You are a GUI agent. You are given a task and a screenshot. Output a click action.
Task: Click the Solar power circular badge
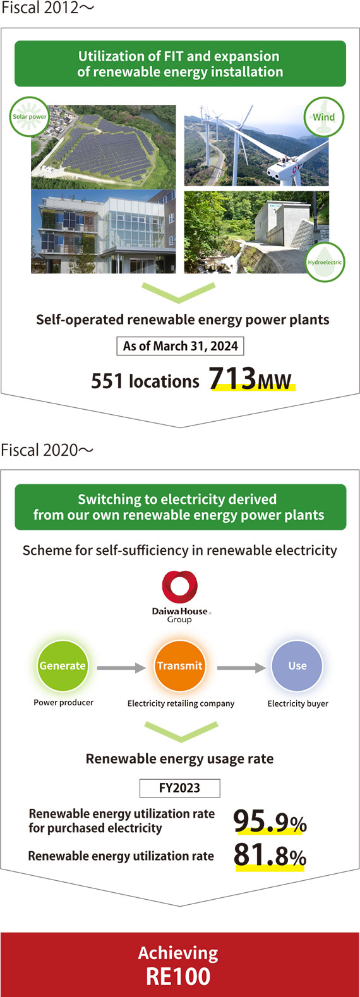point(30,117)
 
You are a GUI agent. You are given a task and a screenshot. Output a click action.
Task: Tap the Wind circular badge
point(324,117)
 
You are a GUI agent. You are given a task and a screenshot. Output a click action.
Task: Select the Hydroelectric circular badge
point(325,262)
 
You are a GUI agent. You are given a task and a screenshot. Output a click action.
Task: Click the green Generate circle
point(63,666)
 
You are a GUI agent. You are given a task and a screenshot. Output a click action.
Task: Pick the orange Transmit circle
point(180,666)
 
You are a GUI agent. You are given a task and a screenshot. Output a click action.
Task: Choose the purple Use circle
point(297,666)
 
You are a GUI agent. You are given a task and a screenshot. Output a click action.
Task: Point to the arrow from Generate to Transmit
point(121,667)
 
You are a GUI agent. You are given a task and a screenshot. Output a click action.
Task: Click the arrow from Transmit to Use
point(241,667)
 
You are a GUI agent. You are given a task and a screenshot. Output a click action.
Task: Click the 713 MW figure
point(251,379)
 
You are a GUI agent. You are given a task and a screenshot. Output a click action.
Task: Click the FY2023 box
point(180,788)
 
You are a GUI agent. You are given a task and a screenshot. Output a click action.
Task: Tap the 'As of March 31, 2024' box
point(180,346)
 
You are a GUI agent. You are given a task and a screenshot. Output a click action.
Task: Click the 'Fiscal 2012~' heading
point(47,8)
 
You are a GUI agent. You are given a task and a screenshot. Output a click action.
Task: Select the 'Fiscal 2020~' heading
point(47,450)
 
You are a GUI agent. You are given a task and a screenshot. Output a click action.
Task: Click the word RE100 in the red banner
point(179,977)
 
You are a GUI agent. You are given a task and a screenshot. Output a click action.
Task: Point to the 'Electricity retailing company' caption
point(181,703)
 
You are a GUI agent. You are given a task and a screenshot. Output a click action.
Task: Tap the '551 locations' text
point(145,381)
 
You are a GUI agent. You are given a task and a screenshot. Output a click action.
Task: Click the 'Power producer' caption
point(64,703)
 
